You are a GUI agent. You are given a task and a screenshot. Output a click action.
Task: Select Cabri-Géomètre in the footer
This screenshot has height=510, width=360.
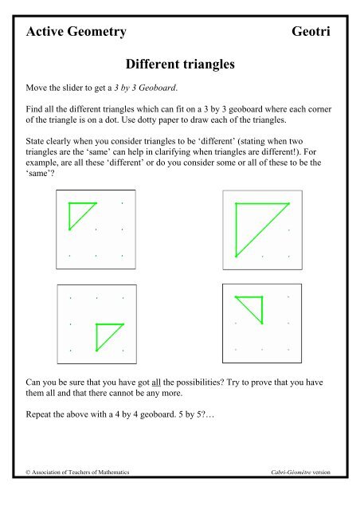(292, 473)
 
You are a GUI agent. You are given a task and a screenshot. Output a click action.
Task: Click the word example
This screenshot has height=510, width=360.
(45, 163)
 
